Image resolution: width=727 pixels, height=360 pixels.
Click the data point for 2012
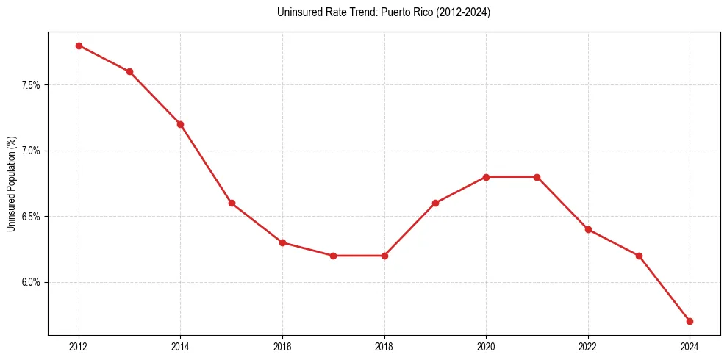tap(79, 46)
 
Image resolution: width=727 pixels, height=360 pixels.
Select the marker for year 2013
tap(129, 71)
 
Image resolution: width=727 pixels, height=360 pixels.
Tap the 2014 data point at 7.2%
tap(180, 124)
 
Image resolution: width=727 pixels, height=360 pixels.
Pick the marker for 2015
tap(232, 203)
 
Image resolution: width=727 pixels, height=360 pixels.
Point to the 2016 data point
tap(282, 242)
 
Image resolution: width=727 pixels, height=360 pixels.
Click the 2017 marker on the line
tap(333, 256)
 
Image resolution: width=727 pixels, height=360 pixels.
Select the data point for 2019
tap(435, 203)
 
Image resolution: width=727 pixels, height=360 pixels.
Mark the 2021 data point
tap(537, 177)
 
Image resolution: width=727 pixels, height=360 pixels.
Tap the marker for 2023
tap(639, 256)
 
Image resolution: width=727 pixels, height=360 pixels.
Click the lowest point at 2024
tap(690, 321)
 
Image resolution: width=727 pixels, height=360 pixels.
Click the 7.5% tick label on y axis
tap(31, 85)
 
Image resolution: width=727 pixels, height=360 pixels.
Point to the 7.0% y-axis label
tap(31, 151)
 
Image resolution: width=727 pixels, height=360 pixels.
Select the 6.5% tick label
tap(31, 217)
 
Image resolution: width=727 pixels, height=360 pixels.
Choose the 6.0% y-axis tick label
tap(31, 282)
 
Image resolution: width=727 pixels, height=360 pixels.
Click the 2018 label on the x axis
tap(384, 345)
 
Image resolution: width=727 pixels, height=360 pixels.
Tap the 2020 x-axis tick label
tap(486, 345)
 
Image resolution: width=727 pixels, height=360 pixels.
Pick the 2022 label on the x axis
tap(588, 345)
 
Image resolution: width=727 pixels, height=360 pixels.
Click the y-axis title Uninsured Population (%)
tap(11, 184)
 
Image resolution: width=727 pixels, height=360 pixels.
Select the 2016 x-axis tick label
tap(282, 345)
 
